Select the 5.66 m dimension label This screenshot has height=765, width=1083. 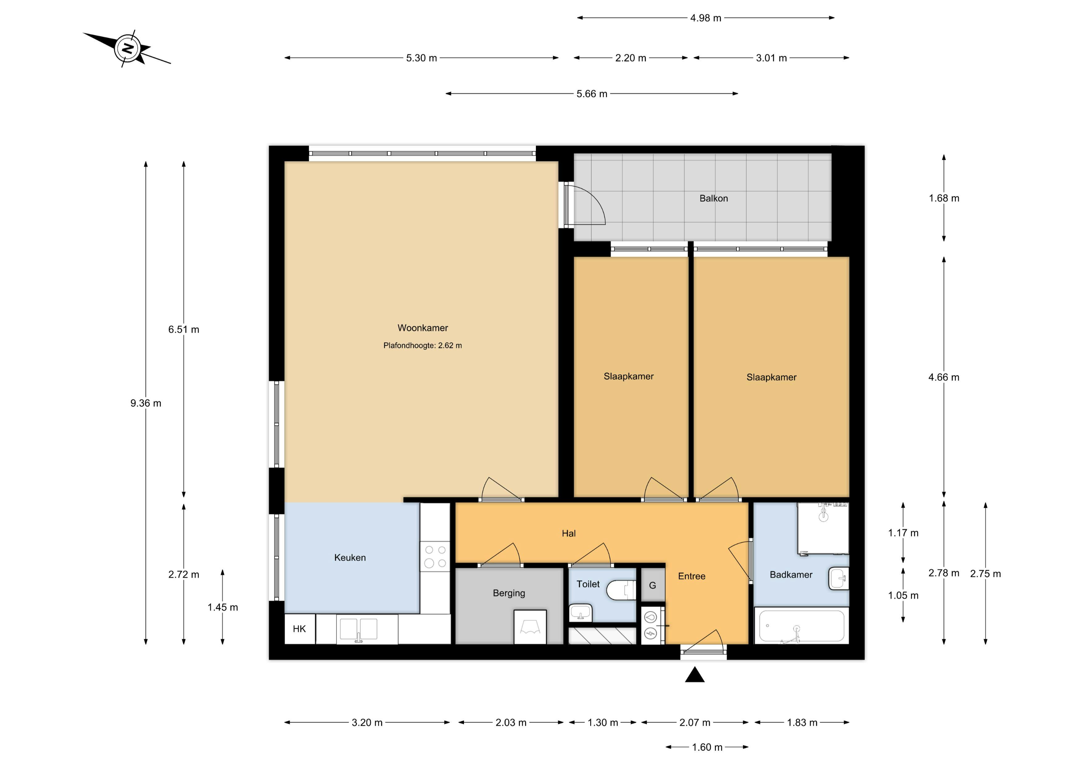click(x=592, y=94)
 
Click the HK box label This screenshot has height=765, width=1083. click(x=299, y=629)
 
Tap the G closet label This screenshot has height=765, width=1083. click(x=652, y=585)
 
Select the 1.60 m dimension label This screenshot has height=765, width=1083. click(x=707, y=747)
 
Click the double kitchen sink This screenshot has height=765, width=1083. click(x=358, y=630)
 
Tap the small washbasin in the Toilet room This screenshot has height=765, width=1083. click(x=580, y=613)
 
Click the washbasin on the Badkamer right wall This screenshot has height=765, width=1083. click(x=838, y=578)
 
